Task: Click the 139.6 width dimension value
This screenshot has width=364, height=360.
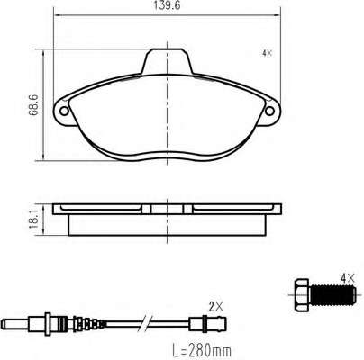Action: (x=167, y=5)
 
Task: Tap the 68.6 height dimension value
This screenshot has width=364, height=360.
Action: (x=33, y=105)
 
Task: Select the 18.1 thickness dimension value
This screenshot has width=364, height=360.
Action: (x=33, y=219)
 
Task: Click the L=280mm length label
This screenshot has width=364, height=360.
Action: (x=202, y=351)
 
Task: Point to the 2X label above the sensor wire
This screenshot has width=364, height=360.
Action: (x=216, y=307)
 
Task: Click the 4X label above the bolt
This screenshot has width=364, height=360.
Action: (x=348, y=279)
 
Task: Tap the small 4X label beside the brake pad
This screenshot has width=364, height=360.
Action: (x=267, y=53)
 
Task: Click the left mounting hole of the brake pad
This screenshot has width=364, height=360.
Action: (x=64, y=112)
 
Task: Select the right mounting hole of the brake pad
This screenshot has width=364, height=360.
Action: (x=269, y=111)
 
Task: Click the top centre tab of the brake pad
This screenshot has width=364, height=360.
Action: (x=167, y=61)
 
